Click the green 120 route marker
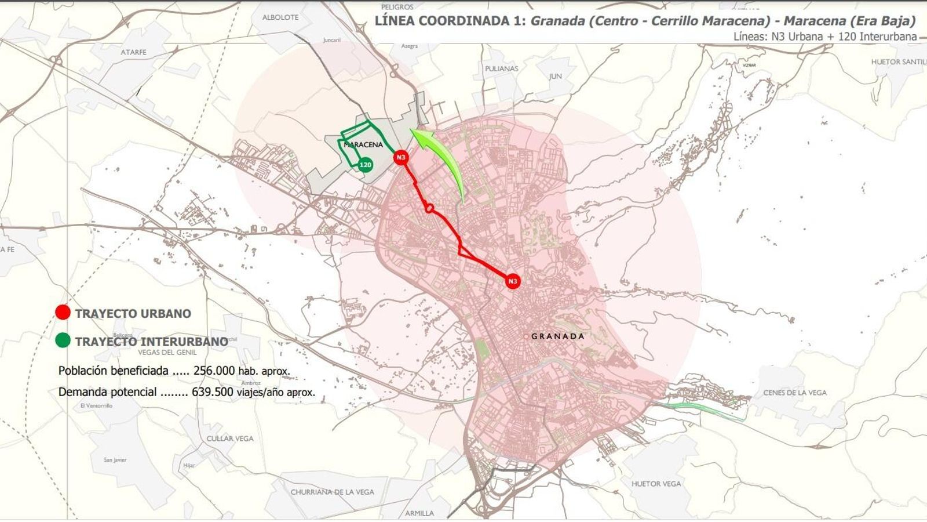point(365,165)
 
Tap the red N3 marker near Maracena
point(401,157)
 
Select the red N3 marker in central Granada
point(512,281)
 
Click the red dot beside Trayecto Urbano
point(63,313)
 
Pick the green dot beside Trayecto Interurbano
point(63,340)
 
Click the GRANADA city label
point(557,336)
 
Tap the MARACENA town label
point(364,144)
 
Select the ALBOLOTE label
point(280,17)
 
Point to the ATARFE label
point(134,52)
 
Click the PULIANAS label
point(502,68)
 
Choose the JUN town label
point(556,76)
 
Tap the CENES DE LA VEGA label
point(795,393)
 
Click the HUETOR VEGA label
point(656,484)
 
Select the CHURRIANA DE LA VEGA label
point(333,492)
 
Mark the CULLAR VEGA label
point(230,438)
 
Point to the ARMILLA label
point(419,513)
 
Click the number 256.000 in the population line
point(214,371)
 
